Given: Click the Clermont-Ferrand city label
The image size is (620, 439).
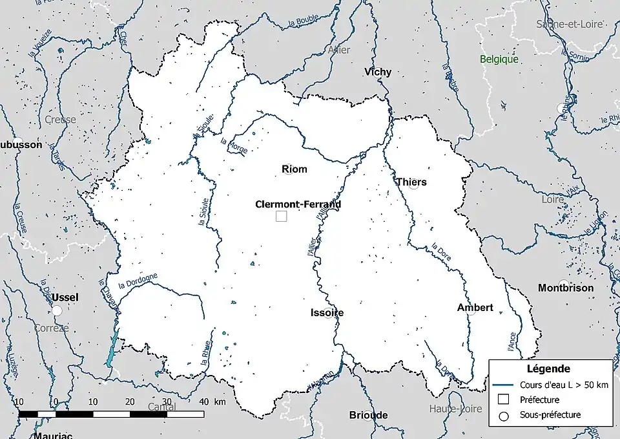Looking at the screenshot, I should click(298, 204).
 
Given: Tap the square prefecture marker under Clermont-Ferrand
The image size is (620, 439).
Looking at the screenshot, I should click(281, 217).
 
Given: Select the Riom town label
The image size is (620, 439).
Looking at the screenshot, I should click(294, 169).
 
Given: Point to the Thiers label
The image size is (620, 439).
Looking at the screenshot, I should click(411, 182).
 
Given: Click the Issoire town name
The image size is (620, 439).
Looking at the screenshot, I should click(327, 312).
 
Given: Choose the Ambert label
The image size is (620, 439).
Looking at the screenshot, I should click(475, 307).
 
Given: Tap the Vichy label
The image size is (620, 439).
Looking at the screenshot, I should click(378, 72).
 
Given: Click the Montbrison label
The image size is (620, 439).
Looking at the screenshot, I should click(566, 288).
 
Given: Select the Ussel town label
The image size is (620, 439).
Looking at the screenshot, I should click(65, 297).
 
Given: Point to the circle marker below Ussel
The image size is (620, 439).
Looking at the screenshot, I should click(57, 311).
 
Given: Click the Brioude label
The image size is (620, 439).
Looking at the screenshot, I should click(368, 414).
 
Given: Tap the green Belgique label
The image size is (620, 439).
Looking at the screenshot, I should click(499, 59).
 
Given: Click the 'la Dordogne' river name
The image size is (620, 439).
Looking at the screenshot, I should click(138, 281).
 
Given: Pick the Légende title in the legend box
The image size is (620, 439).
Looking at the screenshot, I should click(548, 369).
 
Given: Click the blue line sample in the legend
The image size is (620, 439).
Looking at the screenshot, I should click(505, 385).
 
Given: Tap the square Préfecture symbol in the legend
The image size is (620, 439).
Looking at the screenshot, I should click(505, 400).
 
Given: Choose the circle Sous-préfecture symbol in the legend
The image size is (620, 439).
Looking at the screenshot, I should click(505, 415).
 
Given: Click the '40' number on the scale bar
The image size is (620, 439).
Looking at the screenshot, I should click(203, 402).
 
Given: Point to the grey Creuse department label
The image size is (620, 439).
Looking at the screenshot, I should click(60, 120).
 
